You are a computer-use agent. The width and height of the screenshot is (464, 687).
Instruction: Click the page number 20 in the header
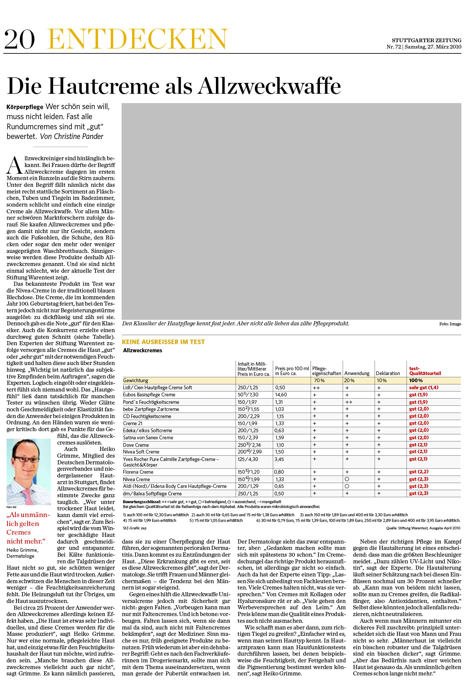pos(19,39)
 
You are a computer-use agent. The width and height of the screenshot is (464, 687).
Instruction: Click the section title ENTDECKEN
pos(137,39)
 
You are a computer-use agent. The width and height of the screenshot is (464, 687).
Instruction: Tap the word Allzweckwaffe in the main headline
pos(269,86)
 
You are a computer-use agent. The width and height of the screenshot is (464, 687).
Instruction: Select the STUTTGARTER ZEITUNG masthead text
pos(426,40)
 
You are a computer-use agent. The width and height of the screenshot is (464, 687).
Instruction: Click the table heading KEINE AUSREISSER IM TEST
pos(163,342)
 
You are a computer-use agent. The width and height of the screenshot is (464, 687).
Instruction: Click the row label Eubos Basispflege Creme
pos(149,395)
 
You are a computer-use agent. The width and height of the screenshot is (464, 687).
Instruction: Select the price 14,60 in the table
pos(281,395)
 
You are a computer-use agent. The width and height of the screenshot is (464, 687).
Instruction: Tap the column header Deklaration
pos(388,373)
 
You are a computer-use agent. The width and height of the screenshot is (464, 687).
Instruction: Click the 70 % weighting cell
pos(319,380)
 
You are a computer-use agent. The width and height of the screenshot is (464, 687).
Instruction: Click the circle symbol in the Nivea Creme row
pos(347,479)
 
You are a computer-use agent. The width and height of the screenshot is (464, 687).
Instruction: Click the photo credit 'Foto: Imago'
pos(450,324)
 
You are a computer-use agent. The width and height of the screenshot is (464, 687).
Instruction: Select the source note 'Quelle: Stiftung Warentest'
pos(423,528)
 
